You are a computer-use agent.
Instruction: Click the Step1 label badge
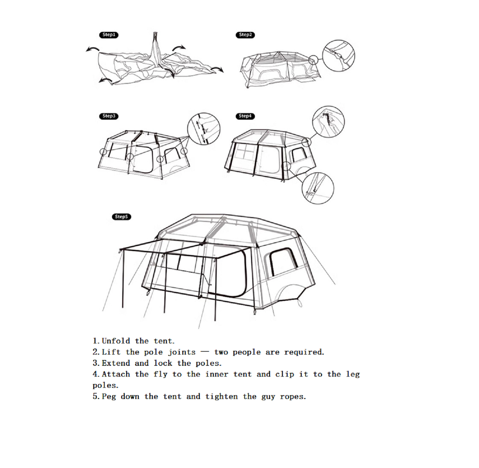pos(109,35)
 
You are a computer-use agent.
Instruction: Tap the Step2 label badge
pos(245,35)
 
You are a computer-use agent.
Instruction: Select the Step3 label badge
pos(109,116)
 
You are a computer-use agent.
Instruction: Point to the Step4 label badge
pos(245,116)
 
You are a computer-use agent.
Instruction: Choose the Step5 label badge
pos(121,217)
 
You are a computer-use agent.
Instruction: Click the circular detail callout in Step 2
pos(338,56)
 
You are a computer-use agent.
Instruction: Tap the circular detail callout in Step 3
pos(204,129)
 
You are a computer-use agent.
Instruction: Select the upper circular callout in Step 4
pos(329,122)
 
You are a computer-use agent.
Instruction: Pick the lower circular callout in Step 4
pos(318,188)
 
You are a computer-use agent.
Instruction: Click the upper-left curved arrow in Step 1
pos(92,49)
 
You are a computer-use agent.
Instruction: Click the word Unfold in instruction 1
pos(116,341)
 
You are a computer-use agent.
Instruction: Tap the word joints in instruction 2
pos(182,352)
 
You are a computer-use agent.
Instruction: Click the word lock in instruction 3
pos(163,363)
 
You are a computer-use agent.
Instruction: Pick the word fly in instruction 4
pos(160,374)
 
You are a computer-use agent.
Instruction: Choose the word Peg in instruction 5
pos(109,397)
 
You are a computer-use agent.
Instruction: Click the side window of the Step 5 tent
pos(283,262)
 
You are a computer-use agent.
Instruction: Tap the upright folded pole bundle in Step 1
pos(155,50)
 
